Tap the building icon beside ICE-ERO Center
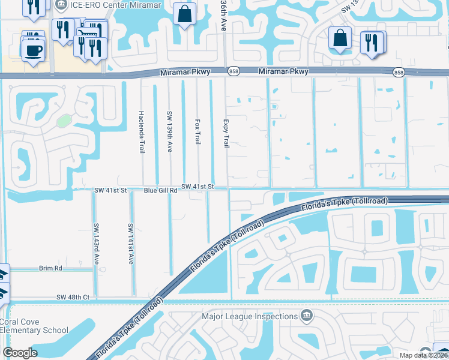[x=61, y=5]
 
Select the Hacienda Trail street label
[x=142, y=131]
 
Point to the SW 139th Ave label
[x=170, y=131]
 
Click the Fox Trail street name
[x=197, y=131]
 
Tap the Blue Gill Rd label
[x=161, y=190]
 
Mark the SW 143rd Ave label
[x=96, y=244]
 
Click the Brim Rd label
[x=50, y=269]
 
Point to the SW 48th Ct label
[x=73, y=298]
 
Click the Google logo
[x=20, y=353]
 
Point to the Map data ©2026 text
[x=423, y=355]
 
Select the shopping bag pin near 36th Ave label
[x=185, y=13]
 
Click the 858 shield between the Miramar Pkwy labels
[x=234, y=72]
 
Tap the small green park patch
[x=64, y=121]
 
